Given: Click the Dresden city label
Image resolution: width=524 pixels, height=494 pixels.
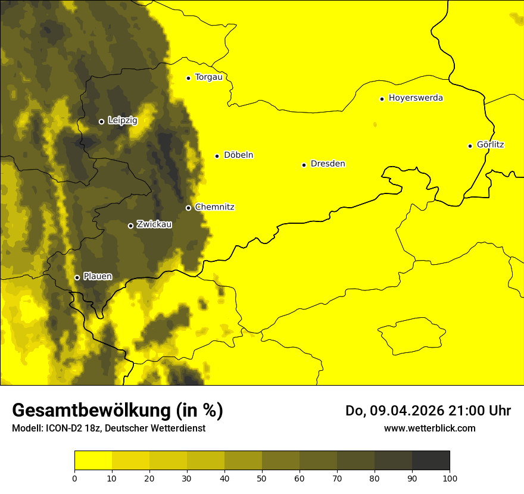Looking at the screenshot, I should click(327, 164).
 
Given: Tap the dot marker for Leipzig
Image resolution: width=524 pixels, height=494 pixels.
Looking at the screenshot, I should click(101, 121).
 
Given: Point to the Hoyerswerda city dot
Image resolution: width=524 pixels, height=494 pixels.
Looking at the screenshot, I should click(382, 99).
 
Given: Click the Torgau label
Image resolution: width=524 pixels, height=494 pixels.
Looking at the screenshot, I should click(208, 77).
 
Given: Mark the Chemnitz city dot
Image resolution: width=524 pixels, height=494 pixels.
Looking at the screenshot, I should click(188, 208).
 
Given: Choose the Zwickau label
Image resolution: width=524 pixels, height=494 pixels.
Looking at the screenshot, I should click(154, 224).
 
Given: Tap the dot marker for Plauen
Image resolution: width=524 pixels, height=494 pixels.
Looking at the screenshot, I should click(77, 277).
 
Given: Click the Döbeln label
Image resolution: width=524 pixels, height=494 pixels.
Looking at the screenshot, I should click(238, 155).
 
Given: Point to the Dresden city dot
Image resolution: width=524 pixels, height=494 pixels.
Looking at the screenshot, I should click(304, 165).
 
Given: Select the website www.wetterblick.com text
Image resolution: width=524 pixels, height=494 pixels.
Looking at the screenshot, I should click(429, 428).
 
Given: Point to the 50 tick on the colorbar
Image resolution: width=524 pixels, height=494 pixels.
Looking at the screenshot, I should click(262, 477).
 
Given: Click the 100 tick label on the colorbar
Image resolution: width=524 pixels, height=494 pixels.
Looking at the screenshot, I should click(450, 477).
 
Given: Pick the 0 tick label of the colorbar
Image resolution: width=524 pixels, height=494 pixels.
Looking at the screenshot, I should click(74, 477).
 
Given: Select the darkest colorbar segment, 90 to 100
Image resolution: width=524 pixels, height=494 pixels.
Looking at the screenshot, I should click(431, 460).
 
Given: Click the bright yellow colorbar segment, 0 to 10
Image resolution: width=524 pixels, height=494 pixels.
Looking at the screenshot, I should click(93, 460).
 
